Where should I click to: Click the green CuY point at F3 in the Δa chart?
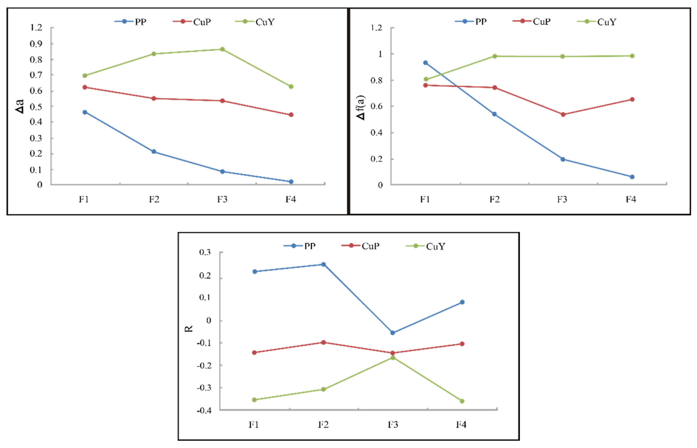point(222,49)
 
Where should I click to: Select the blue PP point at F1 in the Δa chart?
point(85,112)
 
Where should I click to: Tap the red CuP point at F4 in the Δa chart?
point(291,115)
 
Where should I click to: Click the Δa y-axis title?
point(19,106)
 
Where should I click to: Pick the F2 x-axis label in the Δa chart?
point(154,199)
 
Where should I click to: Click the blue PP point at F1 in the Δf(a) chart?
point(425,63)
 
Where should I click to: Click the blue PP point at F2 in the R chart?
point(323,264)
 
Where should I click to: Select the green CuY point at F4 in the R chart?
point(462,401)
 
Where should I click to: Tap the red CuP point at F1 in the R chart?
point(254,352)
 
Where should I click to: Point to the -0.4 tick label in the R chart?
point(204,410)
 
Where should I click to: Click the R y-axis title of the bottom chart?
point(189,329)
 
